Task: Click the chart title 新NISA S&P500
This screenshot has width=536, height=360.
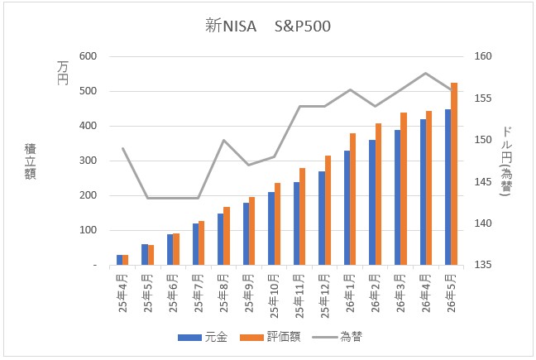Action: click(x=268, y=26)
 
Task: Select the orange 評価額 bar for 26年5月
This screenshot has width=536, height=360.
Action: click(x=454, y=174)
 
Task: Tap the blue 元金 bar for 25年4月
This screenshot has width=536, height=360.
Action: click(x=119, y=260)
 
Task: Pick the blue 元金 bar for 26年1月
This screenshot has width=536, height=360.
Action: click(x=347, y=208)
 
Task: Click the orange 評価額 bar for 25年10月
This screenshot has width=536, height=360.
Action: click(x=277, y=224)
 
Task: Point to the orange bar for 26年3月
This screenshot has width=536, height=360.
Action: click(x=404, y=189)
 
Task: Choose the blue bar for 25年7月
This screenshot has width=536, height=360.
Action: click(x=195, y=244)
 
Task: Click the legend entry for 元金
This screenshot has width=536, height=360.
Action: click(x=203, y=337)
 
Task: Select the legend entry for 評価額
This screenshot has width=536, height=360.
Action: click(x=270, y=337)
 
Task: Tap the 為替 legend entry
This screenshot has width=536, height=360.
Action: click(x=337, y=337)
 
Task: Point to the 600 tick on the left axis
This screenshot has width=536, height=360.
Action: click(x=89, y=56)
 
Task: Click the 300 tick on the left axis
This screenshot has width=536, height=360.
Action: click(x=89, y=161)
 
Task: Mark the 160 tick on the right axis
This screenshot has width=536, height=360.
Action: click(x=483, y=56)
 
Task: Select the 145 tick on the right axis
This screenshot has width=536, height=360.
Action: click(x=483, y=181)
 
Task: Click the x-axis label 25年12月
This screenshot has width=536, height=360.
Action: click(x=324, y=296)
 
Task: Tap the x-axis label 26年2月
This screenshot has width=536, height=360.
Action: click(x=375, y=293)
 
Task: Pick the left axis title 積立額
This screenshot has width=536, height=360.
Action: click(x=30, y=161)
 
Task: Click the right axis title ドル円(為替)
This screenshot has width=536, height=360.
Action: click(x=506, y=161)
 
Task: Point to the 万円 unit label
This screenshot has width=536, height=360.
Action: click(x=63, y=73)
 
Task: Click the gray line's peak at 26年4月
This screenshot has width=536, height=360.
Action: click(x=426, y=73)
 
